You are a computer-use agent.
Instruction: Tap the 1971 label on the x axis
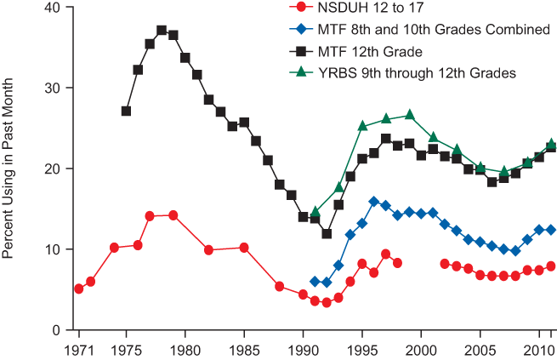click(79, 350)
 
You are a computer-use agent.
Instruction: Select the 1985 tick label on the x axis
click(244, 350)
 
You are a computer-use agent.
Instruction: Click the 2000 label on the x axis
click(421, 350)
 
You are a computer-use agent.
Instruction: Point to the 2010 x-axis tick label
click(539, 350)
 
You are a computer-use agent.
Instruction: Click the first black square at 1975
click(126, 111)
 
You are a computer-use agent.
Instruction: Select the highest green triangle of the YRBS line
click(410, 114)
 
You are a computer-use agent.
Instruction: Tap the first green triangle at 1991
click(315, 211)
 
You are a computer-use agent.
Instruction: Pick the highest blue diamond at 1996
click(374, 202)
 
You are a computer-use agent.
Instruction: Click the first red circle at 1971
click(79, 289)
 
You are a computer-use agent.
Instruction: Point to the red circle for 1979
click(173, 215)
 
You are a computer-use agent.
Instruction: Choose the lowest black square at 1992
click(327, 234)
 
